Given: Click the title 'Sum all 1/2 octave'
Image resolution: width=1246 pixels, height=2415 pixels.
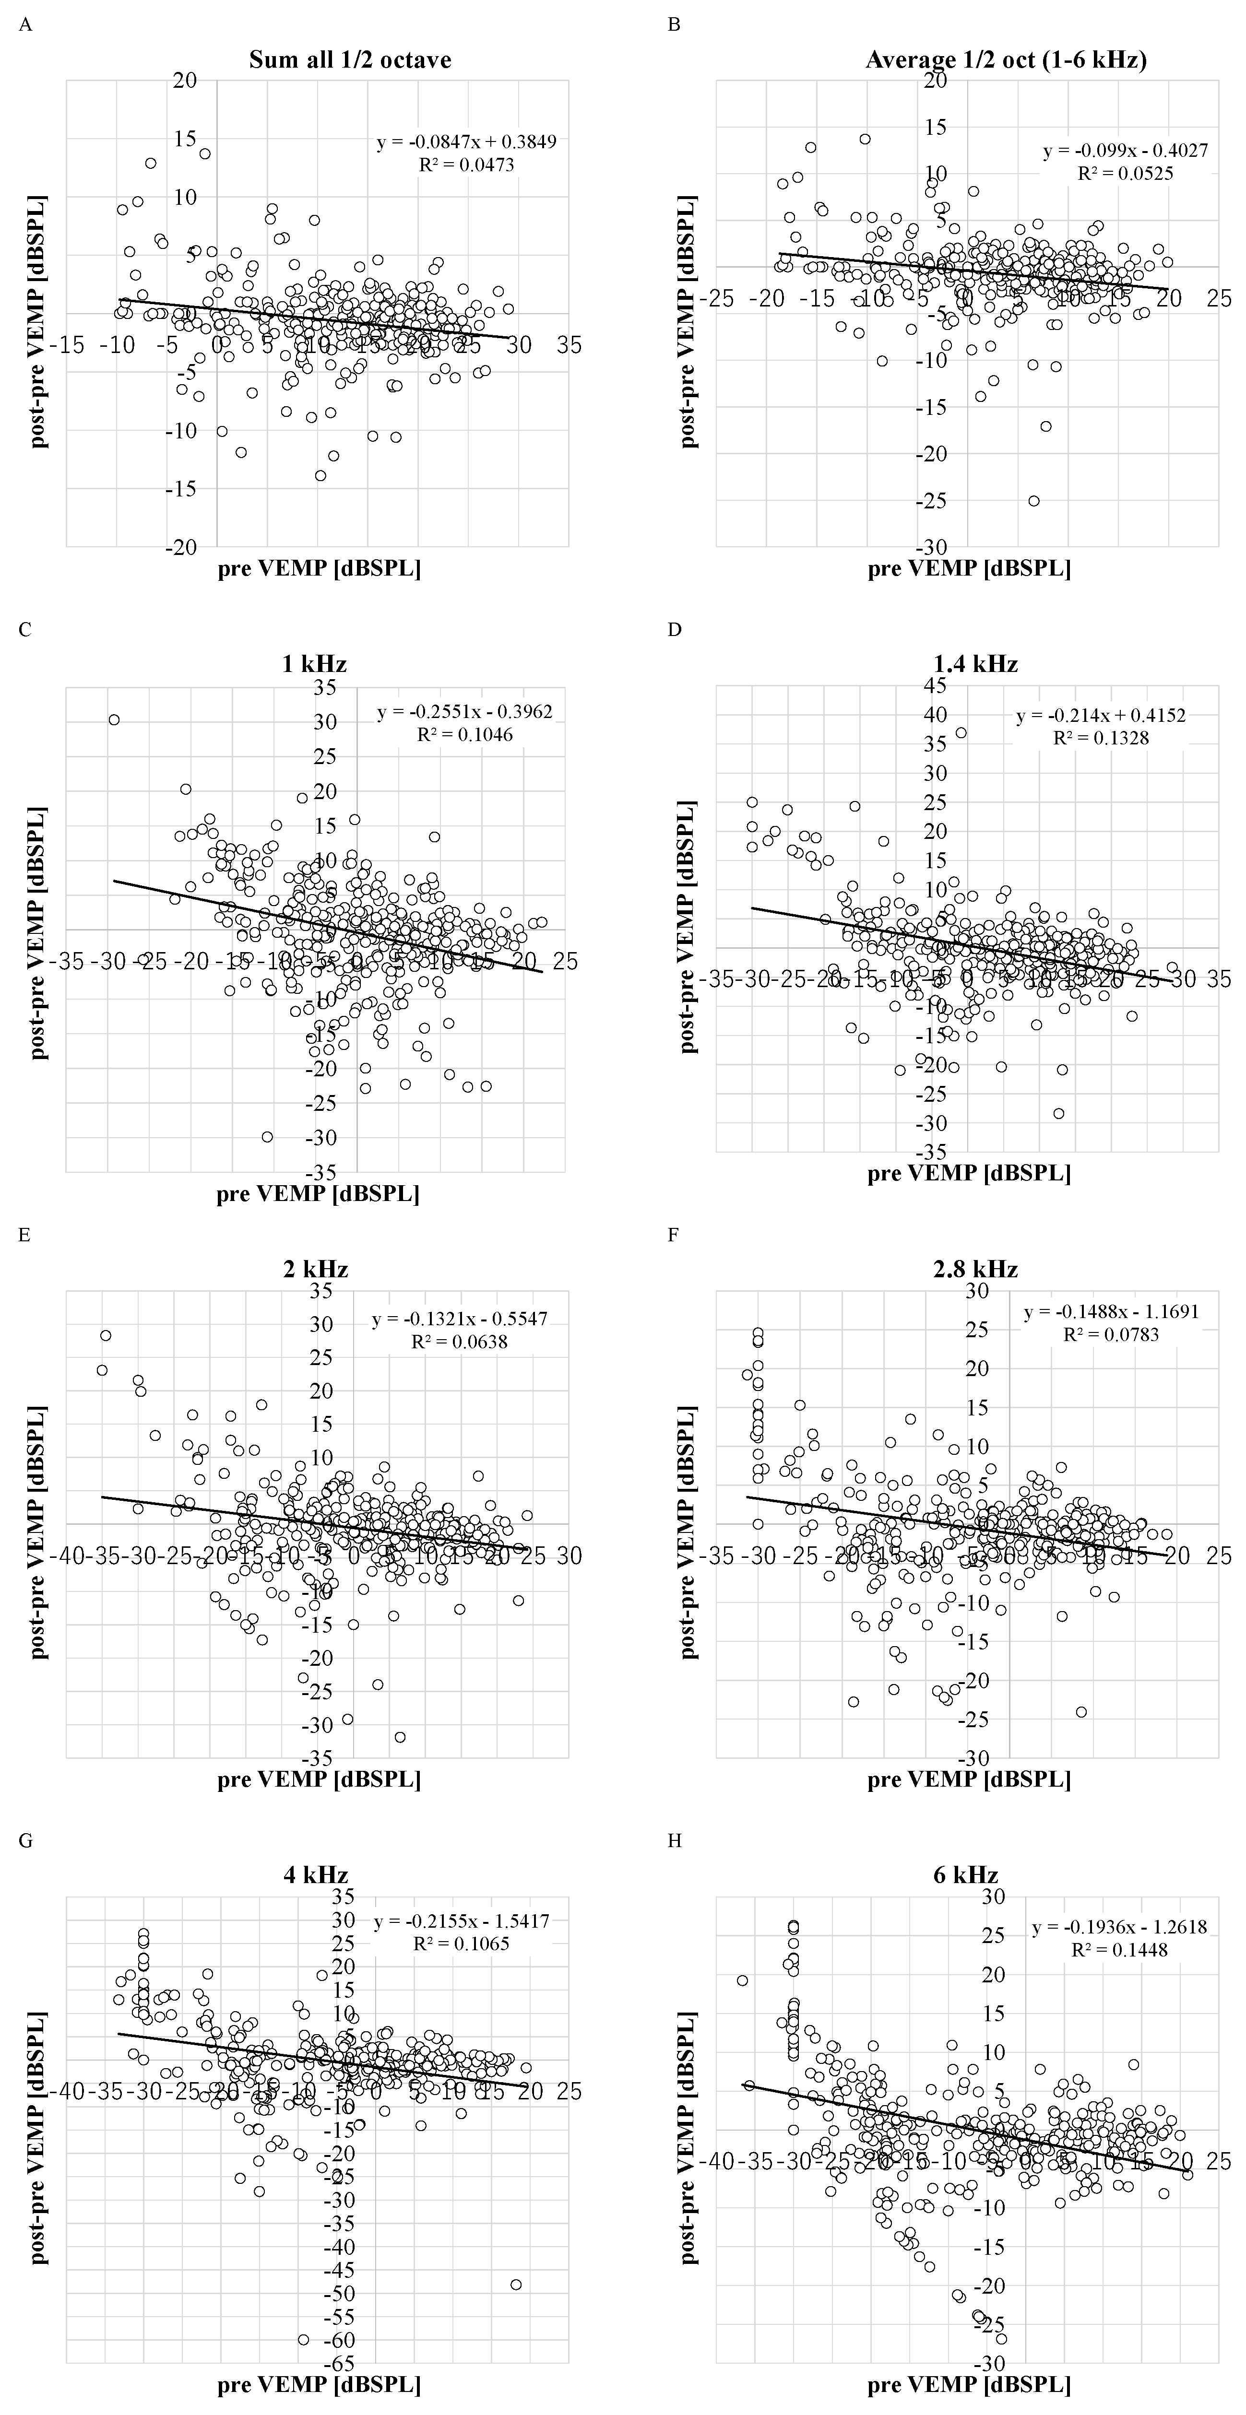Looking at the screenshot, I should coord(350,60).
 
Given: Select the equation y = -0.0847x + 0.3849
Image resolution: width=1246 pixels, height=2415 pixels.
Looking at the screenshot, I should coord(466,142).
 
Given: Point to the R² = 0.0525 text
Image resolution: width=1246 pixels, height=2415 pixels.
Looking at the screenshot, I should coord(1125,174).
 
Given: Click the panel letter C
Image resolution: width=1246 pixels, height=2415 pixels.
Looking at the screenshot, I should coord(25,629).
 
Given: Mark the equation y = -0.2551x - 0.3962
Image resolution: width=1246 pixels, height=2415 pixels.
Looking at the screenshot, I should coord(465,712).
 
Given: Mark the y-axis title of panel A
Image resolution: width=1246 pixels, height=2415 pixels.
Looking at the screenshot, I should coord(39,321).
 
